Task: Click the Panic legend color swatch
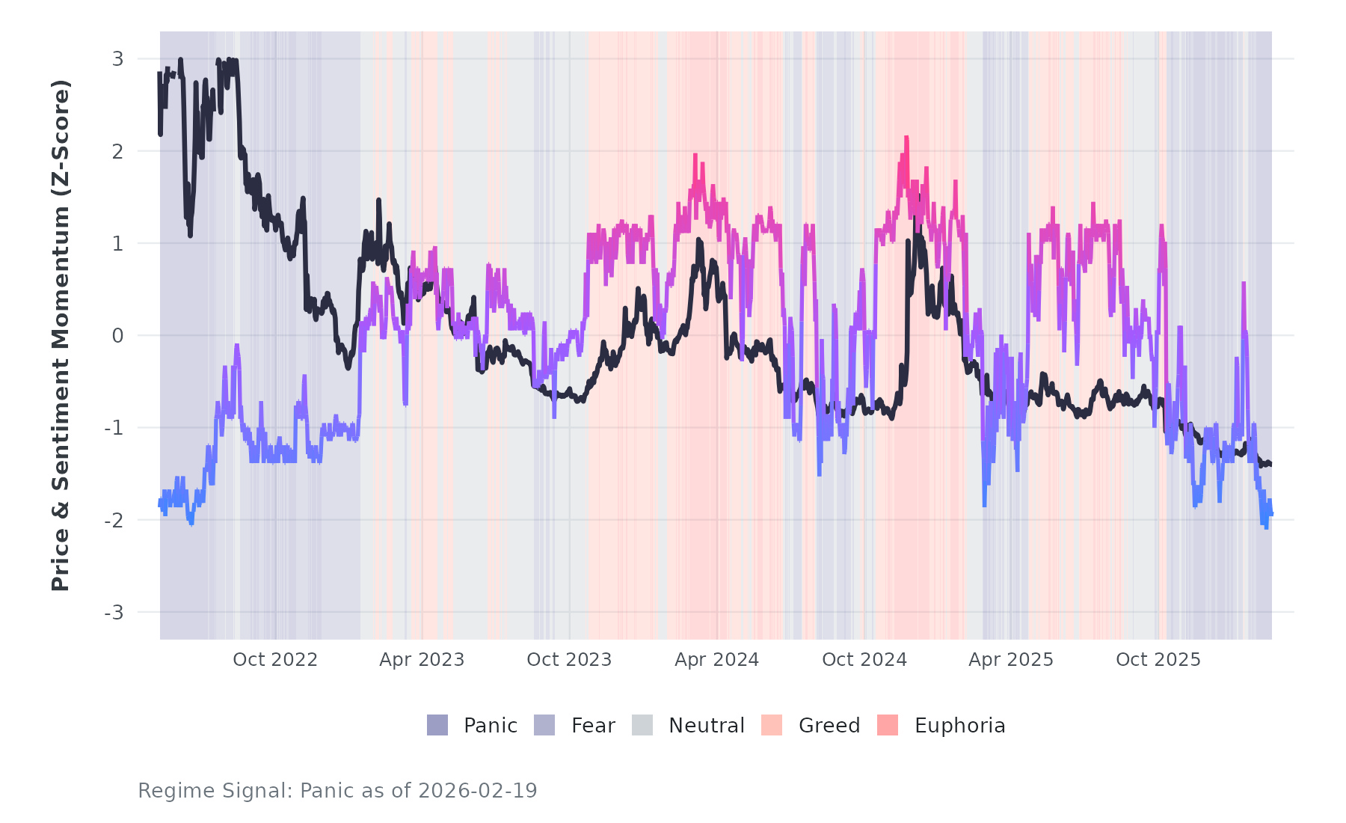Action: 437,725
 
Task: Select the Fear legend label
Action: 593,726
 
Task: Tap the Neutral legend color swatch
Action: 642,725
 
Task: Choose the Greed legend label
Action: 829,726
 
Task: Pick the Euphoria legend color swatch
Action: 888,725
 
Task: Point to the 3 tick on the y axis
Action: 117,59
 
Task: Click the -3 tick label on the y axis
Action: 114,613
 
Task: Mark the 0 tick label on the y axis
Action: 117,336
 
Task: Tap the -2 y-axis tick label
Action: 114,521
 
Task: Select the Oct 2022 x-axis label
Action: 275,660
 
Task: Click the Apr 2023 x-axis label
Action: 422,660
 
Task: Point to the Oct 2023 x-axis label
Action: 569,660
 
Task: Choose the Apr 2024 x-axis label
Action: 716,660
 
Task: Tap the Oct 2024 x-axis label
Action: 864,660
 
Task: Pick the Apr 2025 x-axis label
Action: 1011,660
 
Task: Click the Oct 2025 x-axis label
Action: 1158,660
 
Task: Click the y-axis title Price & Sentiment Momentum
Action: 61,335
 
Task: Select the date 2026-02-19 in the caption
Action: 478,791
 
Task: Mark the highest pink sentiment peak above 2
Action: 906,138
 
